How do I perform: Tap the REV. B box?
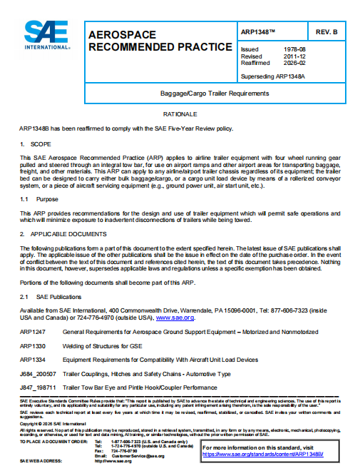[x=329, y=32]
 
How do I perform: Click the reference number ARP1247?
[x=33, y=333]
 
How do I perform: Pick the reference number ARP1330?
[x=33, y=346]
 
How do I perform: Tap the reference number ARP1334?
[x=33, y=360]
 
